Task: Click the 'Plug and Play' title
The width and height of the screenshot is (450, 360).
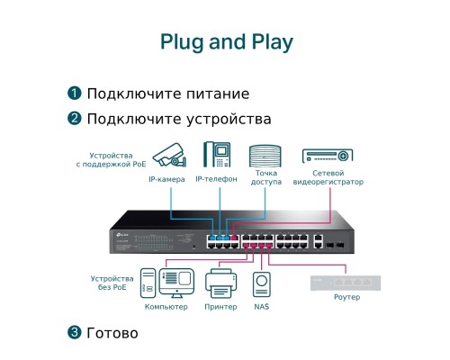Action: point(227,42)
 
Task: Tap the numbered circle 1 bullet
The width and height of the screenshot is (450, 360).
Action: point(75,93)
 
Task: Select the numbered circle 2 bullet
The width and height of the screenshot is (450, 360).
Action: point(75,118)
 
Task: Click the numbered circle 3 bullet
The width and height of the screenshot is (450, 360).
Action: point(75,332)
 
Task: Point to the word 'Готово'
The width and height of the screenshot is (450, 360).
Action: point(112,333)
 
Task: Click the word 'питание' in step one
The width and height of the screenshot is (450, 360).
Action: point(218,94)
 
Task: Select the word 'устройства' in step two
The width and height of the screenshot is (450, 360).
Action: point(229,119)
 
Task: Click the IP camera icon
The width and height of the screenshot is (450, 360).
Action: point(169,155)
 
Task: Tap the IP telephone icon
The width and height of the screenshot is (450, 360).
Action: point(217,154)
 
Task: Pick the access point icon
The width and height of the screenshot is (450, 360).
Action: point(265,156)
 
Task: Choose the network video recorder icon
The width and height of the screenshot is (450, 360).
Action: point(328,156)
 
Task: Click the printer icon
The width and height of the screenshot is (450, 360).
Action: point(221,283)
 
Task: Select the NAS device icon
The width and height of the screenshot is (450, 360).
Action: point(262,284)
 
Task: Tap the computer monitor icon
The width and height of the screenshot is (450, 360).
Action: point(176,283)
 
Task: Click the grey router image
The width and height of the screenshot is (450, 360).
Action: point(346,283)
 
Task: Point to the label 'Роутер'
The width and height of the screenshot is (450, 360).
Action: point(346,297)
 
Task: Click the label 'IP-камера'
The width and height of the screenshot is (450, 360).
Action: point(166,179)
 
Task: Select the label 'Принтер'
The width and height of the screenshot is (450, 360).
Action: point(220,307)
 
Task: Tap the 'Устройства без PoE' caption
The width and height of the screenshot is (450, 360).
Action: point(112,283)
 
